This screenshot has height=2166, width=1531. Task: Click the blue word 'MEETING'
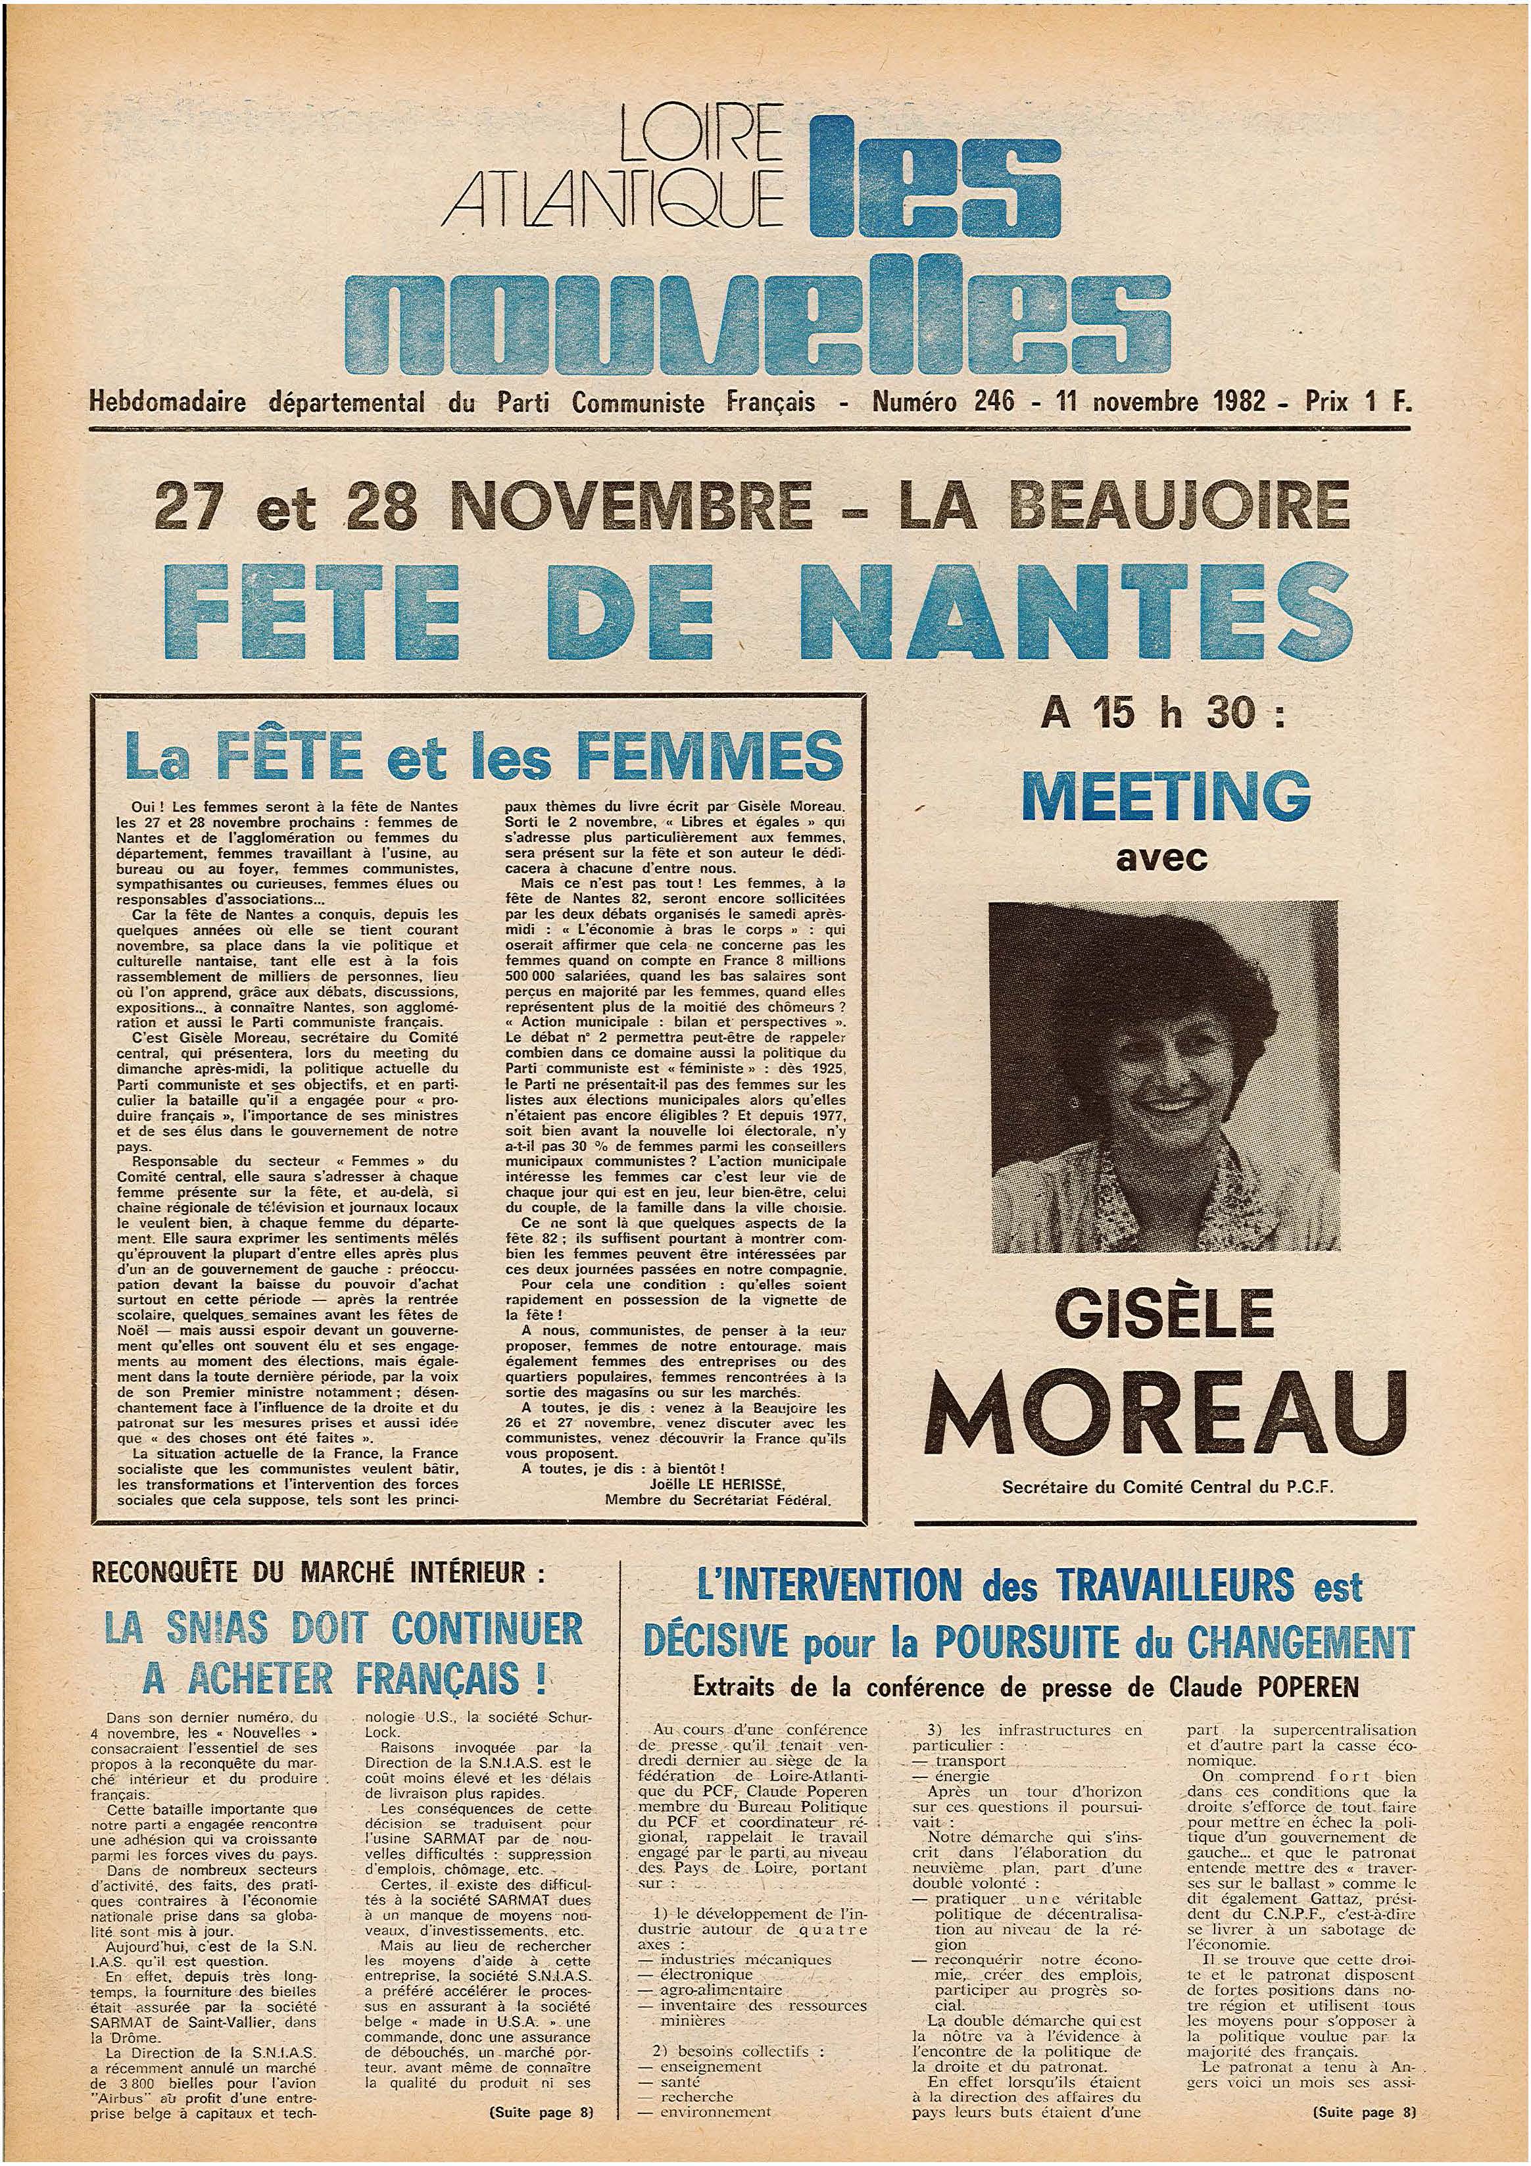coord(1166,795)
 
